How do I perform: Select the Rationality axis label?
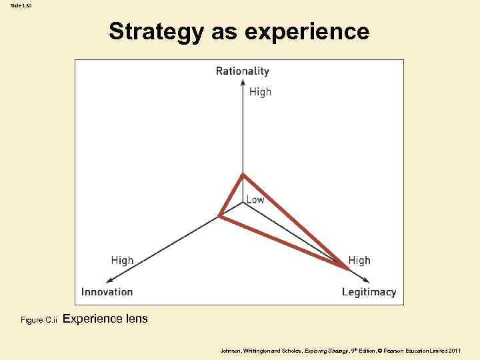point(243,71)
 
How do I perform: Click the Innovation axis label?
point(107,291)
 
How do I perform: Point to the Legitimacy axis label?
point(369,291)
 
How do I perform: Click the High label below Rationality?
point(260,92)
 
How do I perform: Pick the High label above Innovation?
point(122,260)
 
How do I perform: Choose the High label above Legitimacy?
point(359,260)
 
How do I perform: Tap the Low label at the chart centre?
point(255,200)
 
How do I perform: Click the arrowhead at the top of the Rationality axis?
point(243,82)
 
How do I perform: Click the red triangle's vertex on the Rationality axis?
point(243,175)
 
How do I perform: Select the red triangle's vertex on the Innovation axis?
point(219,215)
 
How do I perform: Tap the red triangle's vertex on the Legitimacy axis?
point(347,269)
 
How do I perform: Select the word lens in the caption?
point(137,319)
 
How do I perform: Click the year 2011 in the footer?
point(454,350)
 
